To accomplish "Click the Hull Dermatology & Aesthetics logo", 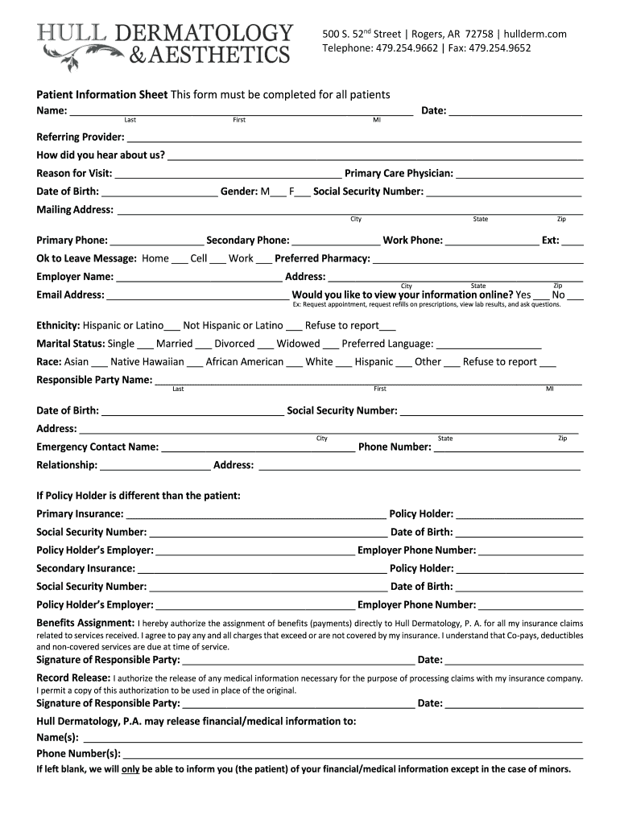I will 165,45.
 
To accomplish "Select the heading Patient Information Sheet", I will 101,95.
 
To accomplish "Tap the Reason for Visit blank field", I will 228,175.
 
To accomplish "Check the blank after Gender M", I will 278,193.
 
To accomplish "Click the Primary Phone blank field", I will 157,241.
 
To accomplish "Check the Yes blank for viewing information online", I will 541,296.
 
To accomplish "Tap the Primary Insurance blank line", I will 256,515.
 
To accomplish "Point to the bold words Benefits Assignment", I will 85,623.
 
